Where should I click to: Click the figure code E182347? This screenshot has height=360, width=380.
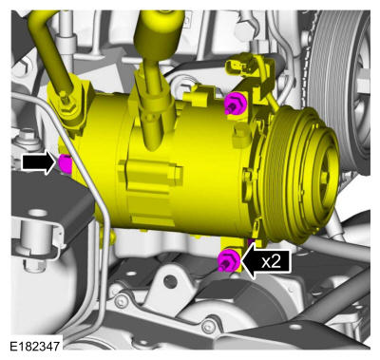tap(34, 346)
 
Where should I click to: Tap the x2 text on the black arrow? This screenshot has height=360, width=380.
tap(272, 261)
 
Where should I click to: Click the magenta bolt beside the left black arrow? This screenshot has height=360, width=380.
tap(66, 163)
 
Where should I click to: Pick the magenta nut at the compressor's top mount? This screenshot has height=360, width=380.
tap(235, 104)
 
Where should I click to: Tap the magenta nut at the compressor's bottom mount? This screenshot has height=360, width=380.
tap(229, 260)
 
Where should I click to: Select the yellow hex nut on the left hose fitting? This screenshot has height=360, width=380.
tap(67, 105)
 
